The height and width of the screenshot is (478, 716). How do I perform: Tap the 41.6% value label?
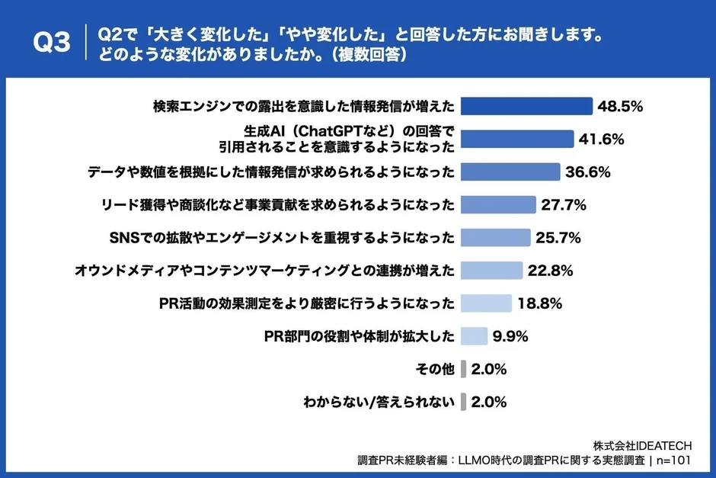point(602,139)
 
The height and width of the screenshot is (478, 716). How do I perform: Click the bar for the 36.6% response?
point(511,172)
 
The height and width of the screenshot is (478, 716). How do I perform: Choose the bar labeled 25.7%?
point(496,238)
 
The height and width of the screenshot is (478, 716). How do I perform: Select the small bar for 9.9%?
point(474,336)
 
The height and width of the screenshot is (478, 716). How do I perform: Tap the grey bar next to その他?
point(463,369)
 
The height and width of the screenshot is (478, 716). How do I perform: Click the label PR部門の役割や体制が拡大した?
point(359,336)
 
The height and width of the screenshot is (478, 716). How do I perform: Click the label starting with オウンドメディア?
point(265,271)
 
